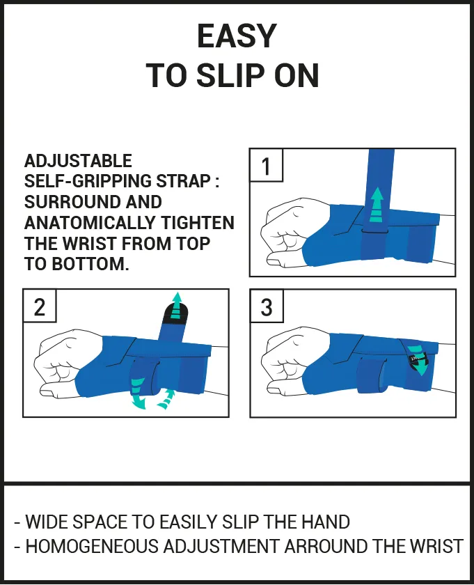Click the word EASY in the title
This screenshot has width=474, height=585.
[237, 36]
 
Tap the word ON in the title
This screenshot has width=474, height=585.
[294, 75]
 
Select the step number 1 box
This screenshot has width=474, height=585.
[266, 166]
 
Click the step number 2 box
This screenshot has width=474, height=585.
[39, 306]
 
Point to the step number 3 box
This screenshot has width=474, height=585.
[266, 306]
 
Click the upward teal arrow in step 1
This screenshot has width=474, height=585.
[376, 203]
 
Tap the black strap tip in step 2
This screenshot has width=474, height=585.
[173, 314]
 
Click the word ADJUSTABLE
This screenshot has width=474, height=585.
[78, 161]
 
